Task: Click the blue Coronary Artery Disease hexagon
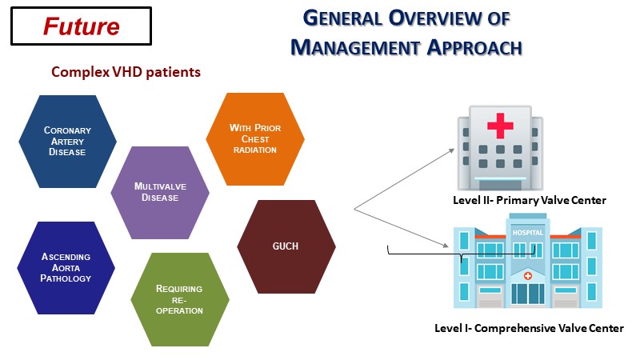point(66,141)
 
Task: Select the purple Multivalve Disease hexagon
point(160,192)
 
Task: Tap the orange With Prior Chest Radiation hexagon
point(254,138)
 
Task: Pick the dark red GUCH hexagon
point(286,246)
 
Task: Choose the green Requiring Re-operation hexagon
point(180,299)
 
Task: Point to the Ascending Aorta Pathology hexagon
point(66,268)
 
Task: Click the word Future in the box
point(81,26)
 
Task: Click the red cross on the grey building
point(501,126)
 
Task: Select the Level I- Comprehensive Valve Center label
point(529,328)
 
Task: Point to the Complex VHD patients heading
point(126,72)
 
